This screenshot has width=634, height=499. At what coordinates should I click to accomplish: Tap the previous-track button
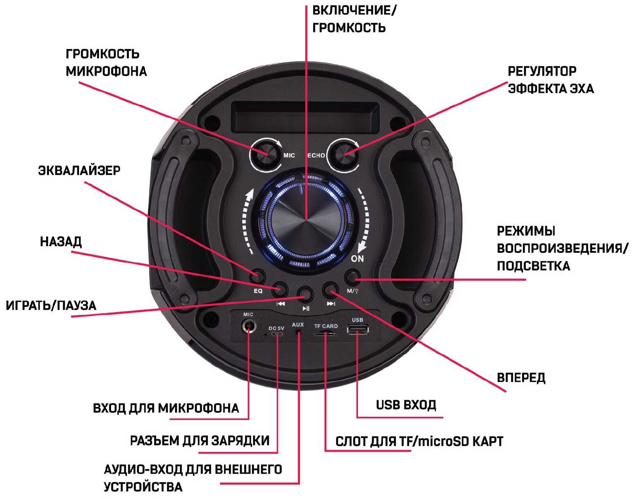tap(280, 290)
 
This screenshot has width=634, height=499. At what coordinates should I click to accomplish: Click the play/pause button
tap(305, 294)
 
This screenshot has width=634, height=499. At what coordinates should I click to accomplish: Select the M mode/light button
tap(353, 277)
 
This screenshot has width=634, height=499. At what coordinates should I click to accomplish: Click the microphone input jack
tap(249, 326)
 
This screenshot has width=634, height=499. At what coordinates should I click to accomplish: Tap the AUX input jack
tap(298, 332)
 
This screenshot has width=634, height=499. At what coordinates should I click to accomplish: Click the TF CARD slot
tap(326, 334)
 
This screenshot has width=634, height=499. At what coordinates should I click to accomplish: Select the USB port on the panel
tap(358, 329)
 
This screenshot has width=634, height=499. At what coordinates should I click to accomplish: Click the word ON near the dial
tap(357, 258)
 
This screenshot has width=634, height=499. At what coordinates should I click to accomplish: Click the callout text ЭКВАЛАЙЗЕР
tap(79, 171)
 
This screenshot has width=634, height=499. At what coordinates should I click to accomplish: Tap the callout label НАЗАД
tap(61, 241)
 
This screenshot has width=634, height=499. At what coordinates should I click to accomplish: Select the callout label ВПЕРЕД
tap(521, 377)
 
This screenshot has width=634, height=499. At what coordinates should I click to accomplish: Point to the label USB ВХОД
tap(406, 405)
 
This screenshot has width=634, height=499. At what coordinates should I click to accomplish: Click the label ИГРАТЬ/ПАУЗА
tap(51, 305)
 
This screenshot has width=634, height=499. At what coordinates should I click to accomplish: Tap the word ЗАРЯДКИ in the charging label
tap(238, 440)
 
